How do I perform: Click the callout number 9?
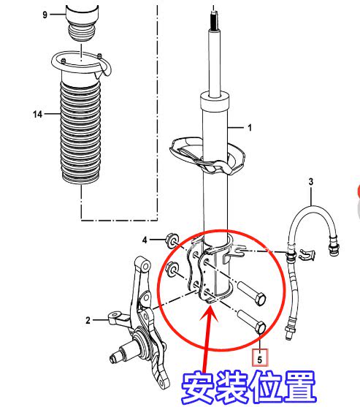tap(45, 15)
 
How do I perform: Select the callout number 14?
tap(38, 114)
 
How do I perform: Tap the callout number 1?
tap(250, 128)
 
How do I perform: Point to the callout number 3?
tap(311, 182)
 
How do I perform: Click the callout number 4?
tap(145, 240)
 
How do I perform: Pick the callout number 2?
tap(88, 320)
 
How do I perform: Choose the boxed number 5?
tap(260, 358)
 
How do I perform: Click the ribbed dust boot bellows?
tap(80, 132)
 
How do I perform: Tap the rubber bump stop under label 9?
tap(82, 32)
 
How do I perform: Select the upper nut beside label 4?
tap(172, 240)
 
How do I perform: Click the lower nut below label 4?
tap(172, 270)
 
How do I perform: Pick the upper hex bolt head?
tap(260, 300)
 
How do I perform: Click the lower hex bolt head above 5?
tap(260, 327)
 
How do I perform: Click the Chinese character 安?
tap(199, 387)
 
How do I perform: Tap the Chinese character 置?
tap(299, 387)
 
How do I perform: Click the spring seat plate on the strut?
tap(207, 156)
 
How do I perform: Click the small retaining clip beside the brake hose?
tap(307, 254)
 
